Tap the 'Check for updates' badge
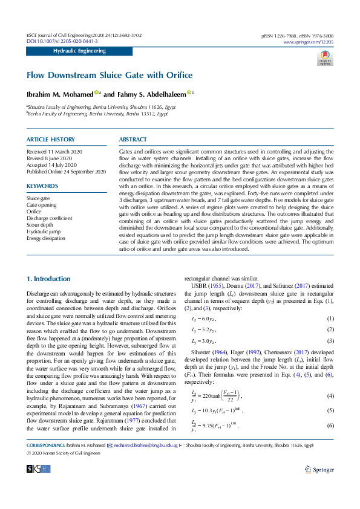[x=325, y=58]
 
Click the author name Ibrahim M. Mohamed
[x=59, y=94]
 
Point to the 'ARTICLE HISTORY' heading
[x=51, y=140]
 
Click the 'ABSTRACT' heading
[x=133, y=140]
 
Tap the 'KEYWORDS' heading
[x=42, y=186]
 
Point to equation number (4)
[x=330, y=396]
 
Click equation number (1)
[x=330, y=318]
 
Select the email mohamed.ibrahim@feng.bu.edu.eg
[x=139, y=444]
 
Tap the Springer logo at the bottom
[x=319, y=468]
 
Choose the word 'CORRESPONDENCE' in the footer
[x=45, y=444]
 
